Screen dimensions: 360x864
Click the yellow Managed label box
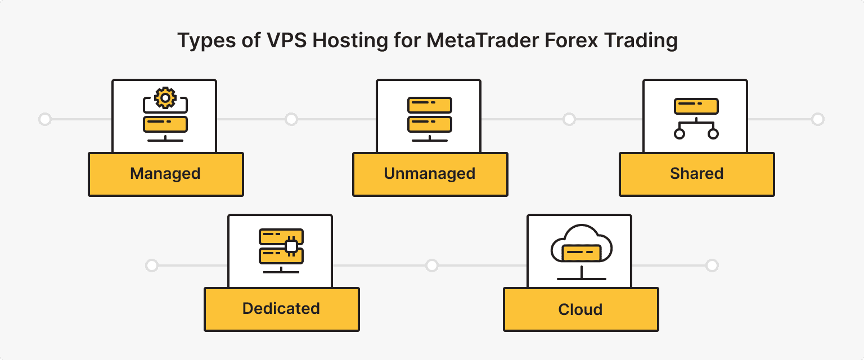(x=165, y=174)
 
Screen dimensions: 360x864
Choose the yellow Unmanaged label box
(x=430, y=174)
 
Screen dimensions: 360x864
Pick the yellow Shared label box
(x=696, y=174)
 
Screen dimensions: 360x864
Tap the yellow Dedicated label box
(x=281, y=309)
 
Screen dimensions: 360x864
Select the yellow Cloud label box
(x=580, y=309)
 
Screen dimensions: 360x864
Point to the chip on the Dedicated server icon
(x=291, y=246)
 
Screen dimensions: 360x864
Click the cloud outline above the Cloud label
(x=580, y=236)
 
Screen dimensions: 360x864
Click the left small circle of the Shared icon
(x=679, y=134)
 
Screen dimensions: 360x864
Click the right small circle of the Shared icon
(x=713, y=134)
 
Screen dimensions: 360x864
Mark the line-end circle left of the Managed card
(x=44, y=119)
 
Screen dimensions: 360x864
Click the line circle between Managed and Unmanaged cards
(x=291, y=119)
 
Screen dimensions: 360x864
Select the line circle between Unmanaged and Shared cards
(x=569, y=119)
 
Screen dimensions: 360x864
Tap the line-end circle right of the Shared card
(x=818, y=119)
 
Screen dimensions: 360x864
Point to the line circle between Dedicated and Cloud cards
(x=431, y=265)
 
